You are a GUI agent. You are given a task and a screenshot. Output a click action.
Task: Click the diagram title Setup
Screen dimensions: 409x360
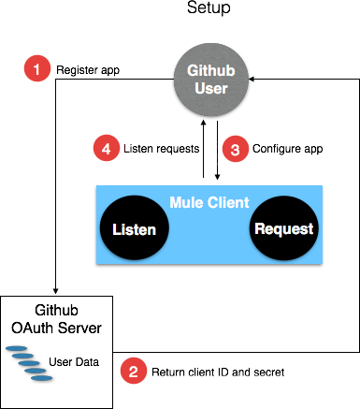[209, 8]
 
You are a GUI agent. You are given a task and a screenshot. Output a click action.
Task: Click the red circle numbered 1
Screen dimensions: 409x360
[37, 68]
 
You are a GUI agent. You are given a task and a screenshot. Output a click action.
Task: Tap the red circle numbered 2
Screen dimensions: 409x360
[134, 371]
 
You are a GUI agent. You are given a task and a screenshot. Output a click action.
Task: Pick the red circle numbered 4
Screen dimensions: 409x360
[106, 147]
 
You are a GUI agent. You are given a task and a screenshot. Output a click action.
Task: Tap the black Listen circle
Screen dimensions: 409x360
[134, 228]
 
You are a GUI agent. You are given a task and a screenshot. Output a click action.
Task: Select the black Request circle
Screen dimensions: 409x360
[283, 228]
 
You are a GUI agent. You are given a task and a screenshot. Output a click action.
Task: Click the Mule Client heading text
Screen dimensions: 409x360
[209, 201]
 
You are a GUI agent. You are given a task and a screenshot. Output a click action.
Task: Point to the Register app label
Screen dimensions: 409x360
[88, 69]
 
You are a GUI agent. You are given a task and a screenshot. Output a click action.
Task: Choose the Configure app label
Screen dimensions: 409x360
[287, 147]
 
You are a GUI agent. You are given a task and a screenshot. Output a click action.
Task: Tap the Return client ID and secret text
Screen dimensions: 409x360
[215, 372]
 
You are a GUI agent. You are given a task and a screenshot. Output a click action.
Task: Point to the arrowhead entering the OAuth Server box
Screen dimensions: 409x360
[56, 289]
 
